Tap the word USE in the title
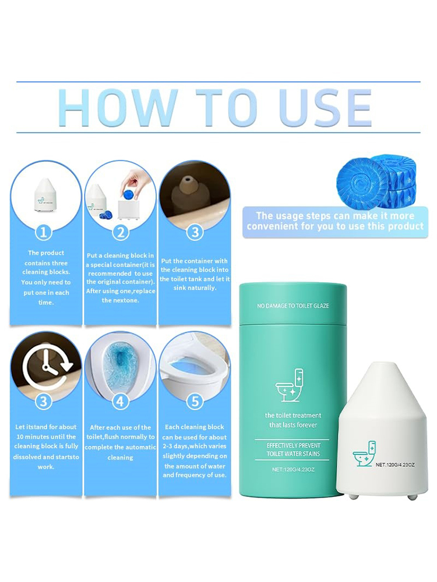click(326, 108)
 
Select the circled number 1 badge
click(44, 233)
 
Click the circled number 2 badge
click(121, 233)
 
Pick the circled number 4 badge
click(121, 401)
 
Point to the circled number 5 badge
click(195, 401)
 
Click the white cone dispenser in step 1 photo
click(45, 193)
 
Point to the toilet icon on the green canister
click(290, 385)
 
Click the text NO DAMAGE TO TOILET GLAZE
click(293, 306)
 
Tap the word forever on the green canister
click(306, 425)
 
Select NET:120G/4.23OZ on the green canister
click(293, 470)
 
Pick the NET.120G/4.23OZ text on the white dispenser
click(395, 464)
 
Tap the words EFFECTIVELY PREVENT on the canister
click(293, 445)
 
